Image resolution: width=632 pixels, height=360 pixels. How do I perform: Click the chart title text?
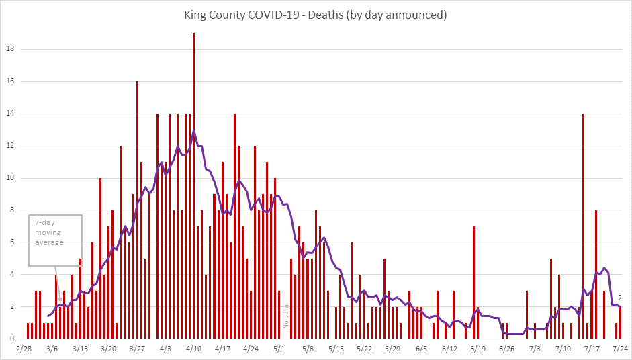coord(316,14)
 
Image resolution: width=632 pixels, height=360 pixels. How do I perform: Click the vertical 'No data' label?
coord(287,316)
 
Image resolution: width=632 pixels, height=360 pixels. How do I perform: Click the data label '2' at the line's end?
coord(621,298)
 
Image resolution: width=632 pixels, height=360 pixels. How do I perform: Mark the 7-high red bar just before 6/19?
coord(473,282)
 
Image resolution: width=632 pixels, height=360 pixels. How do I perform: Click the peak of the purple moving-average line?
coord(193,130)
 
